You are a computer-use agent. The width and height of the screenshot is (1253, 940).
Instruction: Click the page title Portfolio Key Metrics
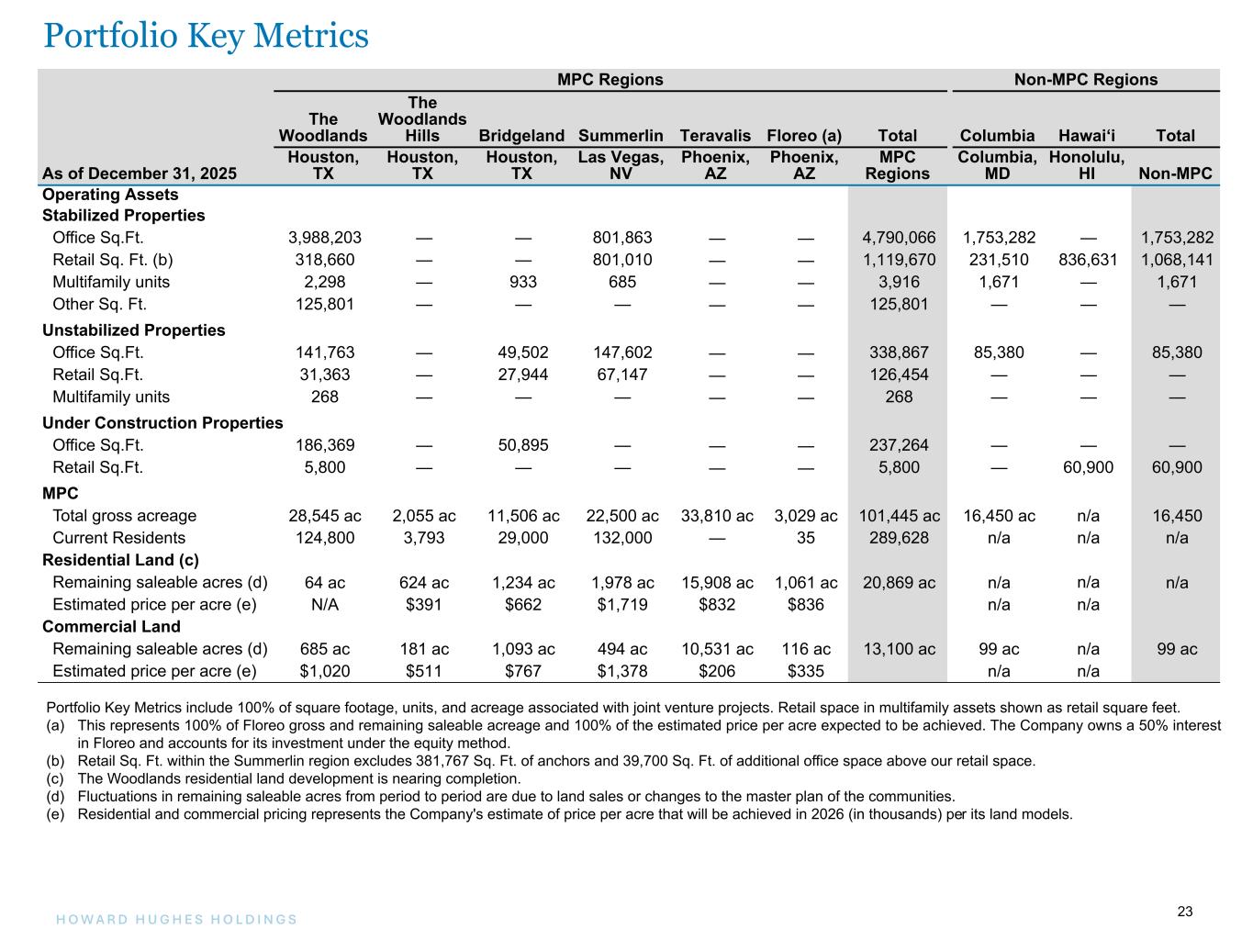[207, 36]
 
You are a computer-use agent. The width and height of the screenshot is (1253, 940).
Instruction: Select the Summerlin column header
[621, 136]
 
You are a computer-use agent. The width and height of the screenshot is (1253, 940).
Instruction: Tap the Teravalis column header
[715, 136]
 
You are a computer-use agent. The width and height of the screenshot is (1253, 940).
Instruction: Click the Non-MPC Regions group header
[1085, 80]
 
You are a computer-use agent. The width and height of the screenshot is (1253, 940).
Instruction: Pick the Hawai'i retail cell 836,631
[1088, 260]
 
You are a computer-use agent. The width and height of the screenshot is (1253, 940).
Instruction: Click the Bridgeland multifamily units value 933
[521, 282]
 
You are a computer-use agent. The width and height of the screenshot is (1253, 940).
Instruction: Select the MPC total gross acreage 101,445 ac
[898, 516]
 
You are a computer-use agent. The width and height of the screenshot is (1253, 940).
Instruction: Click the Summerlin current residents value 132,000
[621, 538]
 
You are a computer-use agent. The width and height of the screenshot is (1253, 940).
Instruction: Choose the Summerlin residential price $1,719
[621, 605]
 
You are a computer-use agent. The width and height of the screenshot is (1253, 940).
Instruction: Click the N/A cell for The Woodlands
[324, 605]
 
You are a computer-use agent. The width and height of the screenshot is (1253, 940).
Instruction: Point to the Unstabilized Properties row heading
[133, 330]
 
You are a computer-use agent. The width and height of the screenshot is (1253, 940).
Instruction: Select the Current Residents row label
[118, 538]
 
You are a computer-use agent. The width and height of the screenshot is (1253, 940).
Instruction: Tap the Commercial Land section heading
[111, 627]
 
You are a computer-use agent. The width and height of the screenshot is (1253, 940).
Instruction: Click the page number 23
[1185, 912]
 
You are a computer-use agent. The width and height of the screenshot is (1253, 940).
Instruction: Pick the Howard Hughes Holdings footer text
[171, 920]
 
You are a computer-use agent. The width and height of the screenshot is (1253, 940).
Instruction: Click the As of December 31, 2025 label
[139, 173]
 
